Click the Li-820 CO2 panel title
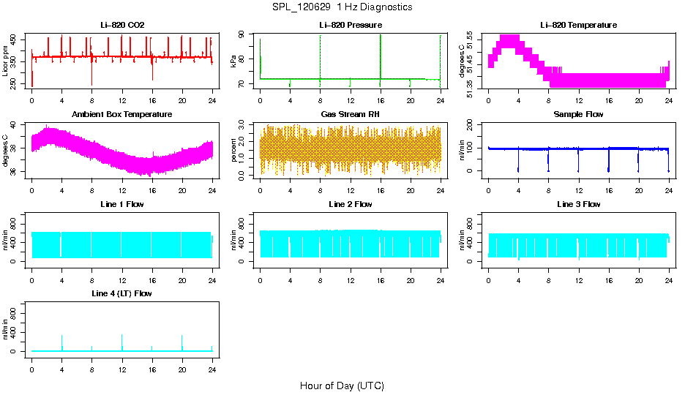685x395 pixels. (x=122, y=25)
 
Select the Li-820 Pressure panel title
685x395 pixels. (x=350, y=25)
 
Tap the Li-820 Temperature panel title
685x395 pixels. (x=578, y=25)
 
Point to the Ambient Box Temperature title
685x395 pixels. (x=122, y=114)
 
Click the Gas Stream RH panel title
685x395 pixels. (x=350, y=114)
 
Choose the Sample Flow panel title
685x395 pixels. (x=578, y=114)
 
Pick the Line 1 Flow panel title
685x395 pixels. (x=122, y=204)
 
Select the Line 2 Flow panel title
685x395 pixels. (x=350, y=204)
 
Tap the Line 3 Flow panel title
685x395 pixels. (x=578, y=204)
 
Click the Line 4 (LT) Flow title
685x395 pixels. (x=122, y=293)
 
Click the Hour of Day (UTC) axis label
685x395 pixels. (x=342, y=385)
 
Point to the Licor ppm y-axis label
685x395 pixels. (x=6, y=61)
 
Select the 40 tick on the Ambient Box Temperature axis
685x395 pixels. (x=18, y=126)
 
